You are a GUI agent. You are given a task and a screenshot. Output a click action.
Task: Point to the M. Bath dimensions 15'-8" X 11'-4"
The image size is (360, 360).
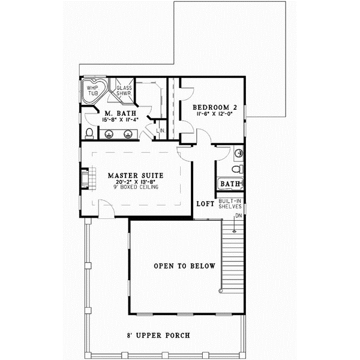pos(120,120)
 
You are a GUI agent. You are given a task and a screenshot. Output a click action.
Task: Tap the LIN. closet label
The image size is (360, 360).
pos(161,130)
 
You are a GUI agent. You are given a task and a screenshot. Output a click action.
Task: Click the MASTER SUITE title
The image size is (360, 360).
pos(136,176)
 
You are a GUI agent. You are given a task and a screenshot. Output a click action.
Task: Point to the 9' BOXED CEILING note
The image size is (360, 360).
pos(136,188)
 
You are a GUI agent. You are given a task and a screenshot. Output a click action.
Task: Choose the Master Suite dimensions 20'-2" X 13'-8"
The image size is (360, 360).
pos(136,182)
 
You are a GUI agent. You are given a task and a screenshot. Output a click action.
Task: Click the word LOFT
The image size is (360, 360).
pos(205,204)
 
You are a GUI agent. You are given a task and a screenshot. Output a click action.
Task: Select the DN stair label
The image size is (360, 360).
pos(238,215)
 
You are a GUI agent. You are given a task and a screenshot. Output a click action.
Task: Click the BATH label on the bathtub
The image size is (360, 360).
pos(230,184)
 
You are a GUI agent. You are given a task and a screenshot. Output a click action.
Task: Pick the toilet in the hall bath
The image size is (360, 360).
pos(237,169)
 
